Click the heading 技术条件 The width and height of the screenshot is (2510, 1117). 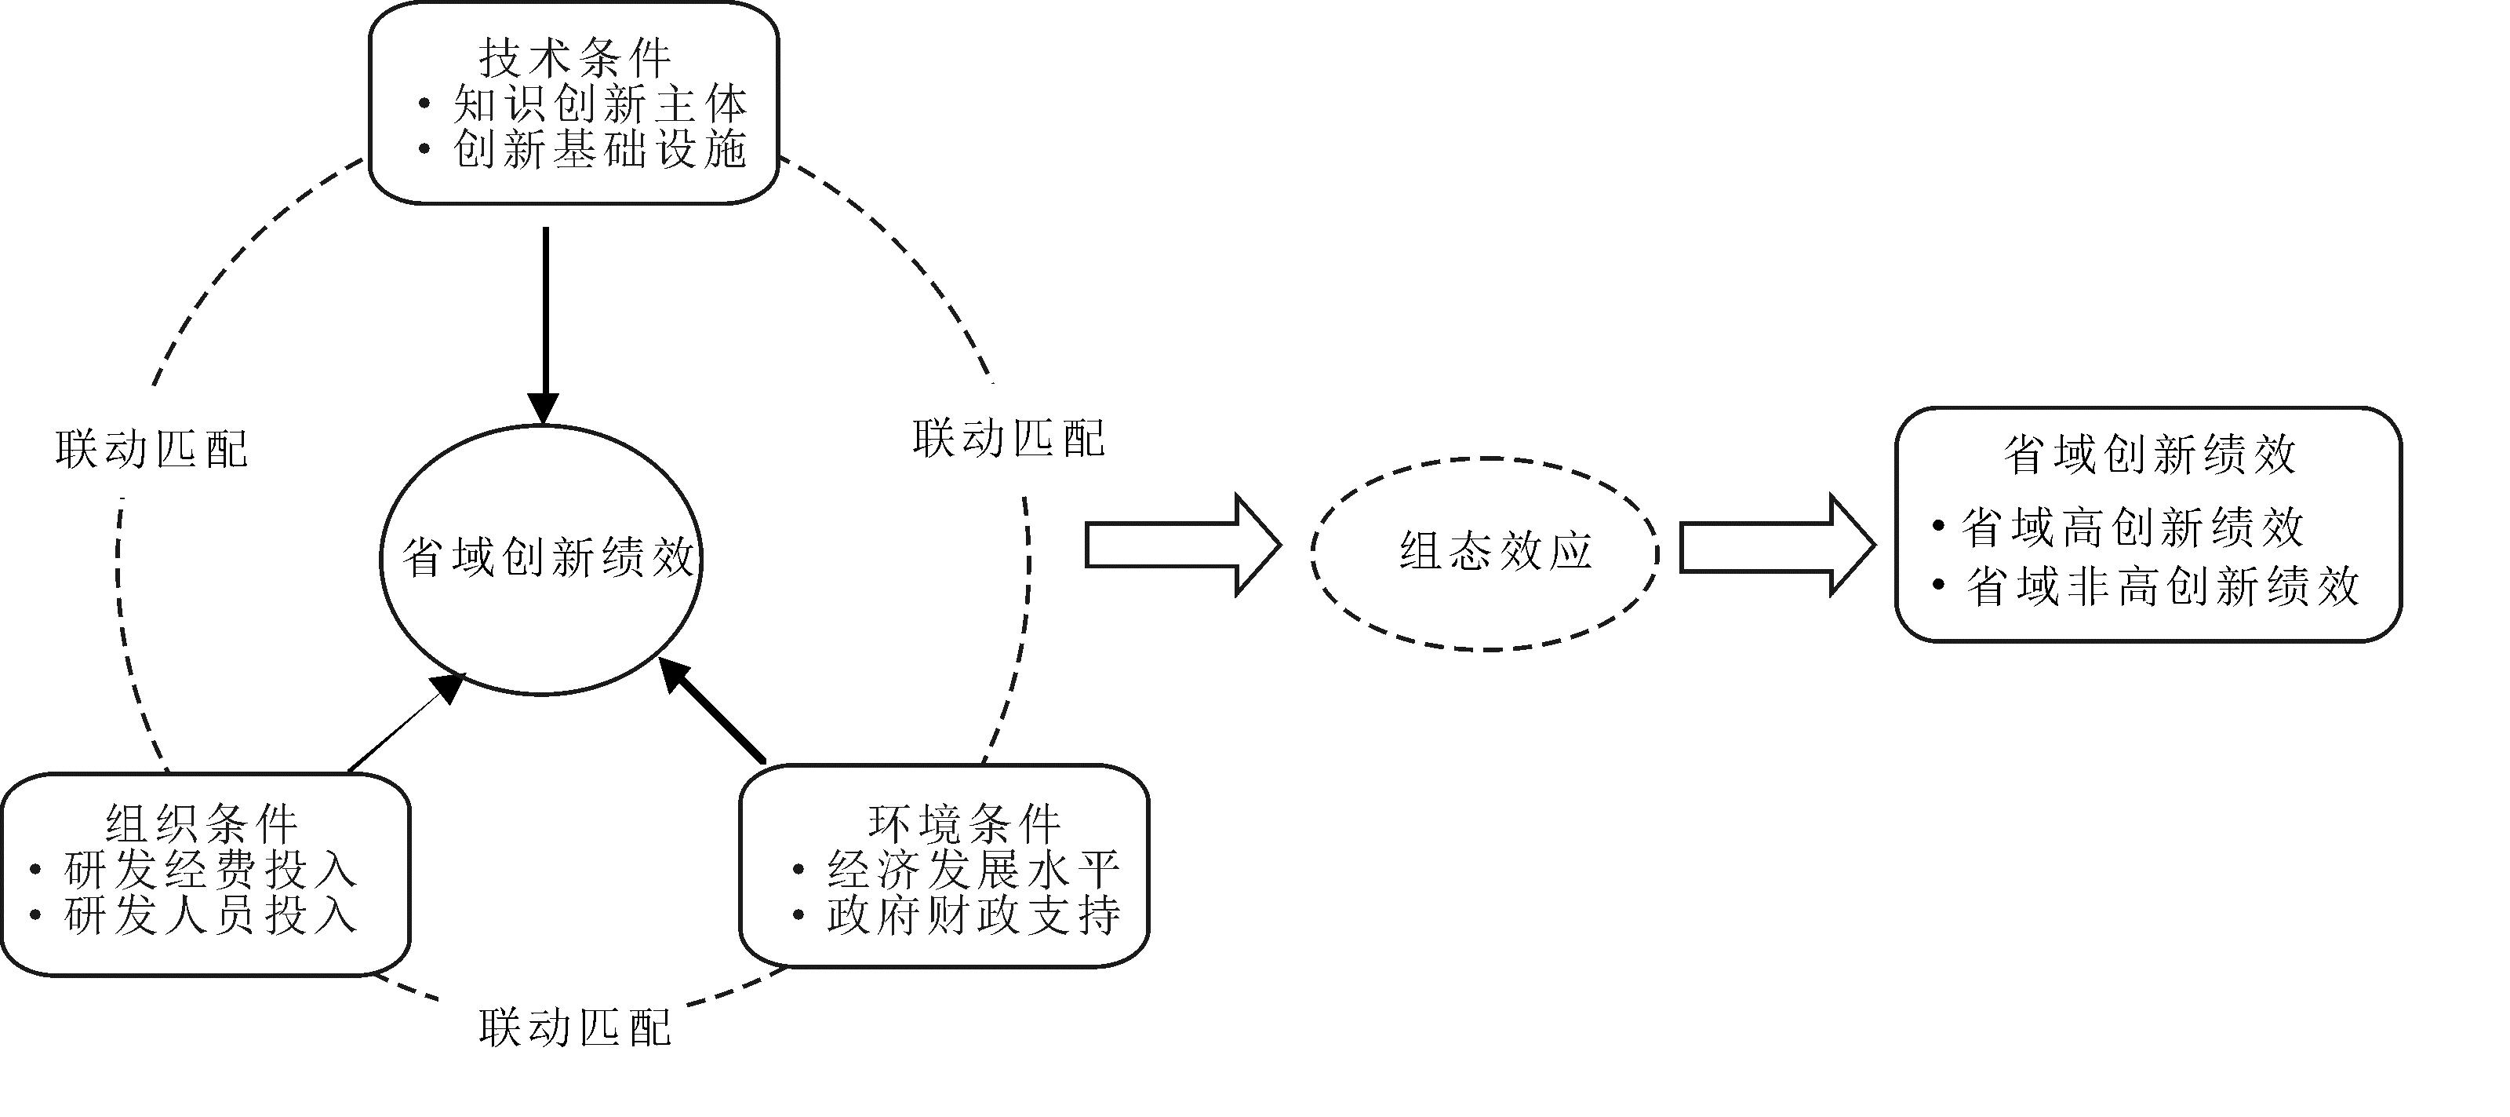click(x=575, y=59)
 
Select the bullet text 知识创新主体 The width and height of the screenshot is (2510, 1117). click(x=599, y=104)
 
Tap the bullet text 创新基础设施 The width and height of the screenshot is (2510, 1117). click(x=599, y=150)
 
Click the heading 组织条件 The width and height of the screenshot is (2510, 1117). click(x=202, y=824)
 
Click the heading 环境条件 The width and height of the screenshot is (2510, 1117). click(x=965, y=824)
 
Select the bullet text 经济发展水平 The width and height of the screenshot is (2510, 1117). click(x=973, y=868)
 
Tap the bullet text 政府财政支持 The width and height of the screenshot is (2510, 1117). click(x=973, y=915)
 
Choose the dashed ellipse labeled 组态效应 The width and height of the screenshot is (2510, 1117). click(x=1484, y=553)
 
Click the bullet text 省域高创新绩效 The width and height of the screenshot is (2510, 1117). click(x=2132, y=528)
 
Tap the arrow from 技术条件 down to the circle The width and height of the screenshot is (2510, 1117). click(x=544, y=322)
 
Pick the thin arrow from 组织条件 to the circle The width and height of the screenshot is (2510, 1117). click(x=405, y=723)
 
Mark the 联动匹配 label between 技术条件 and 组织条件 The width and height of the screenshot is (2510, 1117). click(x=152, y=449)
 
